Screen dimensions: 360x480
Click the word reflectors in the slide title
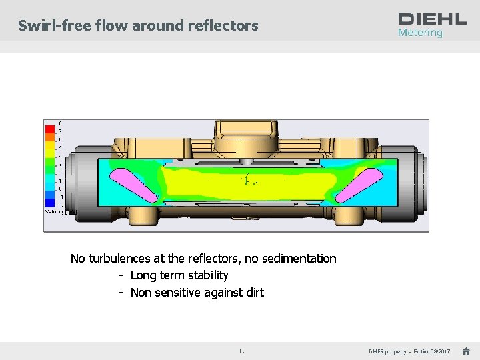[225, 26]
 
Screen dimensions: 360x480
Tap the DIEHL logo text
[432, 19]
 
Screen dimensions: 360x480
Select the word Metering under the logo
[420, 33]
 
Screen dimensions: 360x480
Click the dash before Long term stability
[121, 275]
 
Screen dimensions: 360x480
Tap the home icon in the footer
[466, 351]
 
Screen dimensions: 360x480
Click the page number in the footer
[241, 351]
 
